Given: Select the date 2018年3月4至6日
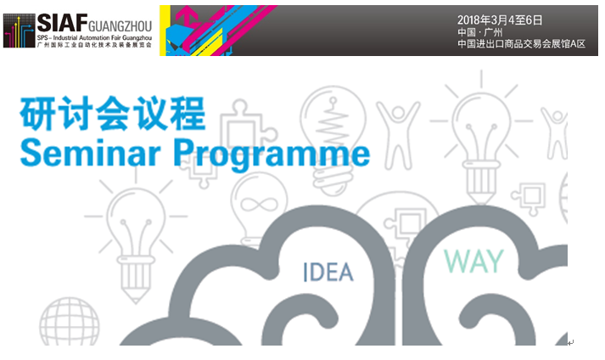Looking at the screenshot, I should point(499,20).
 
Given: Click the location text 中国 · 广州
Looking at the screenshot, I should point(480,31).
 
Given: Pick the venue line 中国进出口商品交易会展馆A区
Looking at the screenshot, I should point(521,43).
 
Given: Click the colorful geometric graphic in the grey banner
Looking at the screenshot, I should point(212,28).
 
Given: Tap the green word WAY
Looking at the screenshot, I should point(474,262).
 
